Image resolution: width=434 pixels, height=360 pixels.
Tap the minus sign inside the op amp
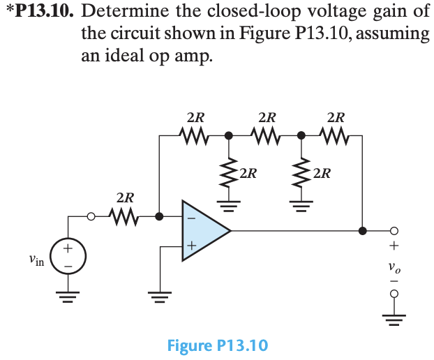[189, 216]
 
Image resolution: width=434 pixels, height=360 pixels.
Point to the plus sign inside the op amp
[189, 246]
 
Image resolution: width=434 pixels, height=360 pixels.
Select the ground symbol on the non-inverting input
[160, 296]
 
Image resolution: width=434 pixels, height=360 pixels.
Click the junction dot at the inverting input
[160, 216]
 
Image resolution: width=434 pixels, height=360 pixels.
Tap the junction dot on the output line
[362, 231]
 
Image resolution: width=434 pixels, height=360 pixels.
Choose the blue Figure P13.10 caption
[217, 345]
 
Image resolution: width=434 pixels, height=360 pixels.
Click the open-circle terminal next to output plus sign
[395, 231]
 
